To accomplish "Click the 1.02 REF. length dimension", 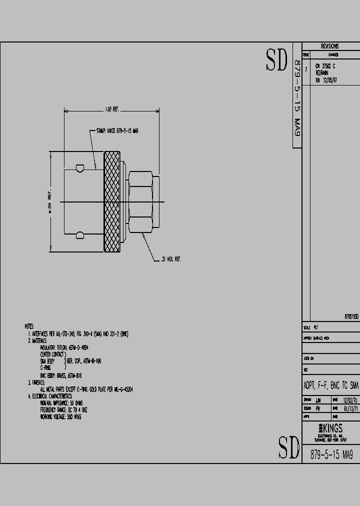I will [x=111, y=109].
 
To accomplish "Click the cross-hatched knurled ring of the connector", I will [x=111, y=201].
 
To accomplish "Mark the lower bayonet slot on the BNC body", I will [x=79, y=233].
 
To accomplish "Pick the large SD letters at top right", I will [x=276, y=61].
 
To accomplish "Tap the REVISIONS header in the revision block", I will [x=330, y=46].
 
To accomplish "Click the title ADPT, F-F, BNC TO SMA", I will [x=331, y=385].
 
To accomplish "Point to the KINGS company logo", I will [x=330, y=429].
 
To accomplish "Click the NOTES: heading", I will [x=29, y=325].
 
